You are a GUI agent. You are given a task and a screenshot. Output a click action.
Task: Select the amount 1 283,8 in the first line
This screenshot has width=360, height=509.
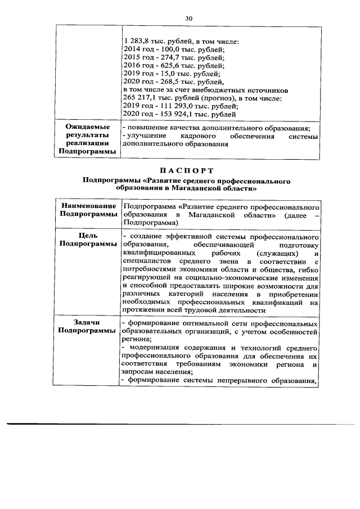tap(135, 41)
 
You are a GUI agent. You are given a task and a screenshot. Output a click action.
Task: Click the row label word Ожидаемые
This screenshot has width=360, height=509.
tap(88, 127)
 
